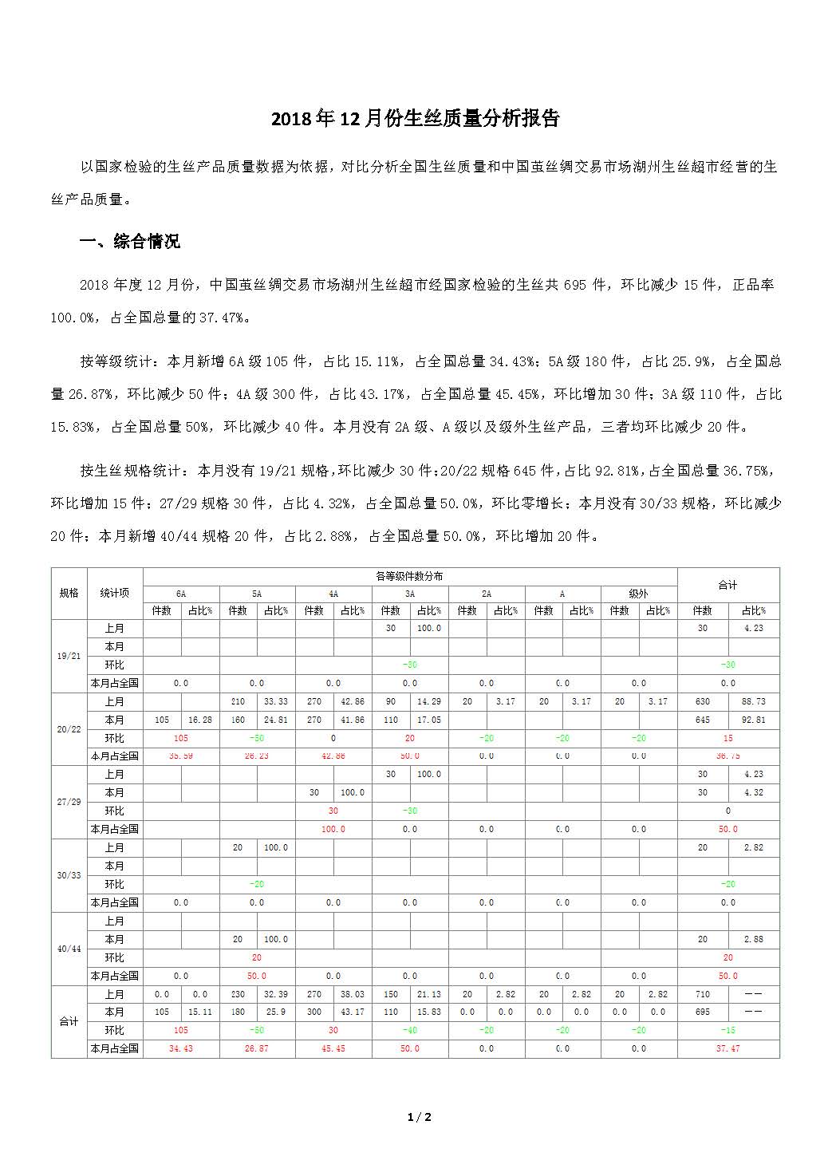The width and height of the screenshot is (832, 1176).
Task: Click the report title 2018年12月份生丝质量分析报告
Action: [x=416, y=119]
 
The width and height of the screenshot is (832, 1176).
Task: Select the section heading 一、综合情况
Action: [x=130, y=242]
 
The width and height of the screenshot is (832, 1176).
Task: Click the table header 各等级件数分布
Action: [x=409, y=576]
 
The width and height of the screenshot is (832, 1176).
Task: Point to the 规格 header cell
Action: [x=69, y=593]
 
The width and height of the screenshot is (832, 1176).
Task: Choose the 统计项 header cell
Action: [x=115, y=593]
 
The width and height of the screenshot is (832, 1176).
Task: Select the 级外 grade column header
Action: [x=638, y=594]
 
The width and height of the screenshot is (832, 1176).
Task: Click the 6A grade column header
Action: [x=181, y=594]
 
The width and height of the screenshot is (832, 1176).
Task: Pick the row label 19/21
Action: [x=69, y=656]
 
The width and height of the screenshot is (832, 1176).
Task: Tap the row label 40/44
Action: [x=69, y=949]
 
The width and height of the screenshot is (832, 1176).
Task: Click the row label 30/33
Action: [x=69, y=875]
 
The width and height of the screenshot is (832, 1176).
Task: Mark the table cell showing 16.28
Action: [x=200, y=720]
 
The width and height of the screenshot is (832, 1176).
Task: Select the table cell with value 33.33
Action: [x=276, y=701]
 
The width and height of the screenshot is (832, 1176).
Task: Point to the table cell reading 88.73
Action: [x=754, y=701]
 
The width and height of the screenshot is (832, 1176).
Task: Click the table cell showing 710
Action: [x=702, y=994]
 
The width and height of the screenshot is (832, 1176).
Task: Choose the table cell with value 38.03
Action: [x=353, y=994]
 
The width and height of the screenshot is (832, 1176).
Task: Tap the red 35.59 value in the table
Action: [x=181, y=756]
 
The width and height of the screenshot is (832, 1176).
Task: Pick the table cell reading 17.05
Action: [x=428, y=720]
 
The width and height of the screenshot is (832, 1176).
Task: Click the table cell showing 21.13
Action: [x=428, y=994]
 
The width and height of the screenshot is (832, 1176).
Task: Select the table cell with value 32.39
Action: [x=276, y=994]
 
